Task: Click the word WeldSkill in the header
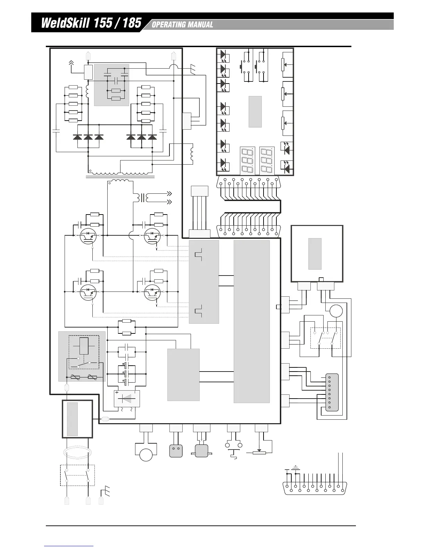65,23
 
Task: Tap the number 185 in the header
132,23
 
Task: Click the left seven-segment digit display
247,161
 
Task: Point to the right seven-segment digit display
267,161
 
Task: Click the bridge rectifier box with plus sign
127,399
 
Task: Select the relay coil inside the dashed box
84,346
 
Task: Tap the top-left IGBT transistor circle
88,236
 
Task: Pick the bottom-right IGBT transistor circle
152,292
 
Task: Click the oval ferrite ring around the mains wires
77,453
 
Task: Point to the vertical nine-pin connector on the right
332,392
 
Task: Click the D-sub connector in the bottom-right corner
315,488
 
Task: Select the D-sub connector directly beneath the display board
249,182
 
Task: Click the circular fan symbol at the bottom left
146,455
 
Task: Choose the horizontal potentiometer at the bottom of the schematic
259,453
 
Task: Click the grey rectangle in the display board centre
255,112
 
